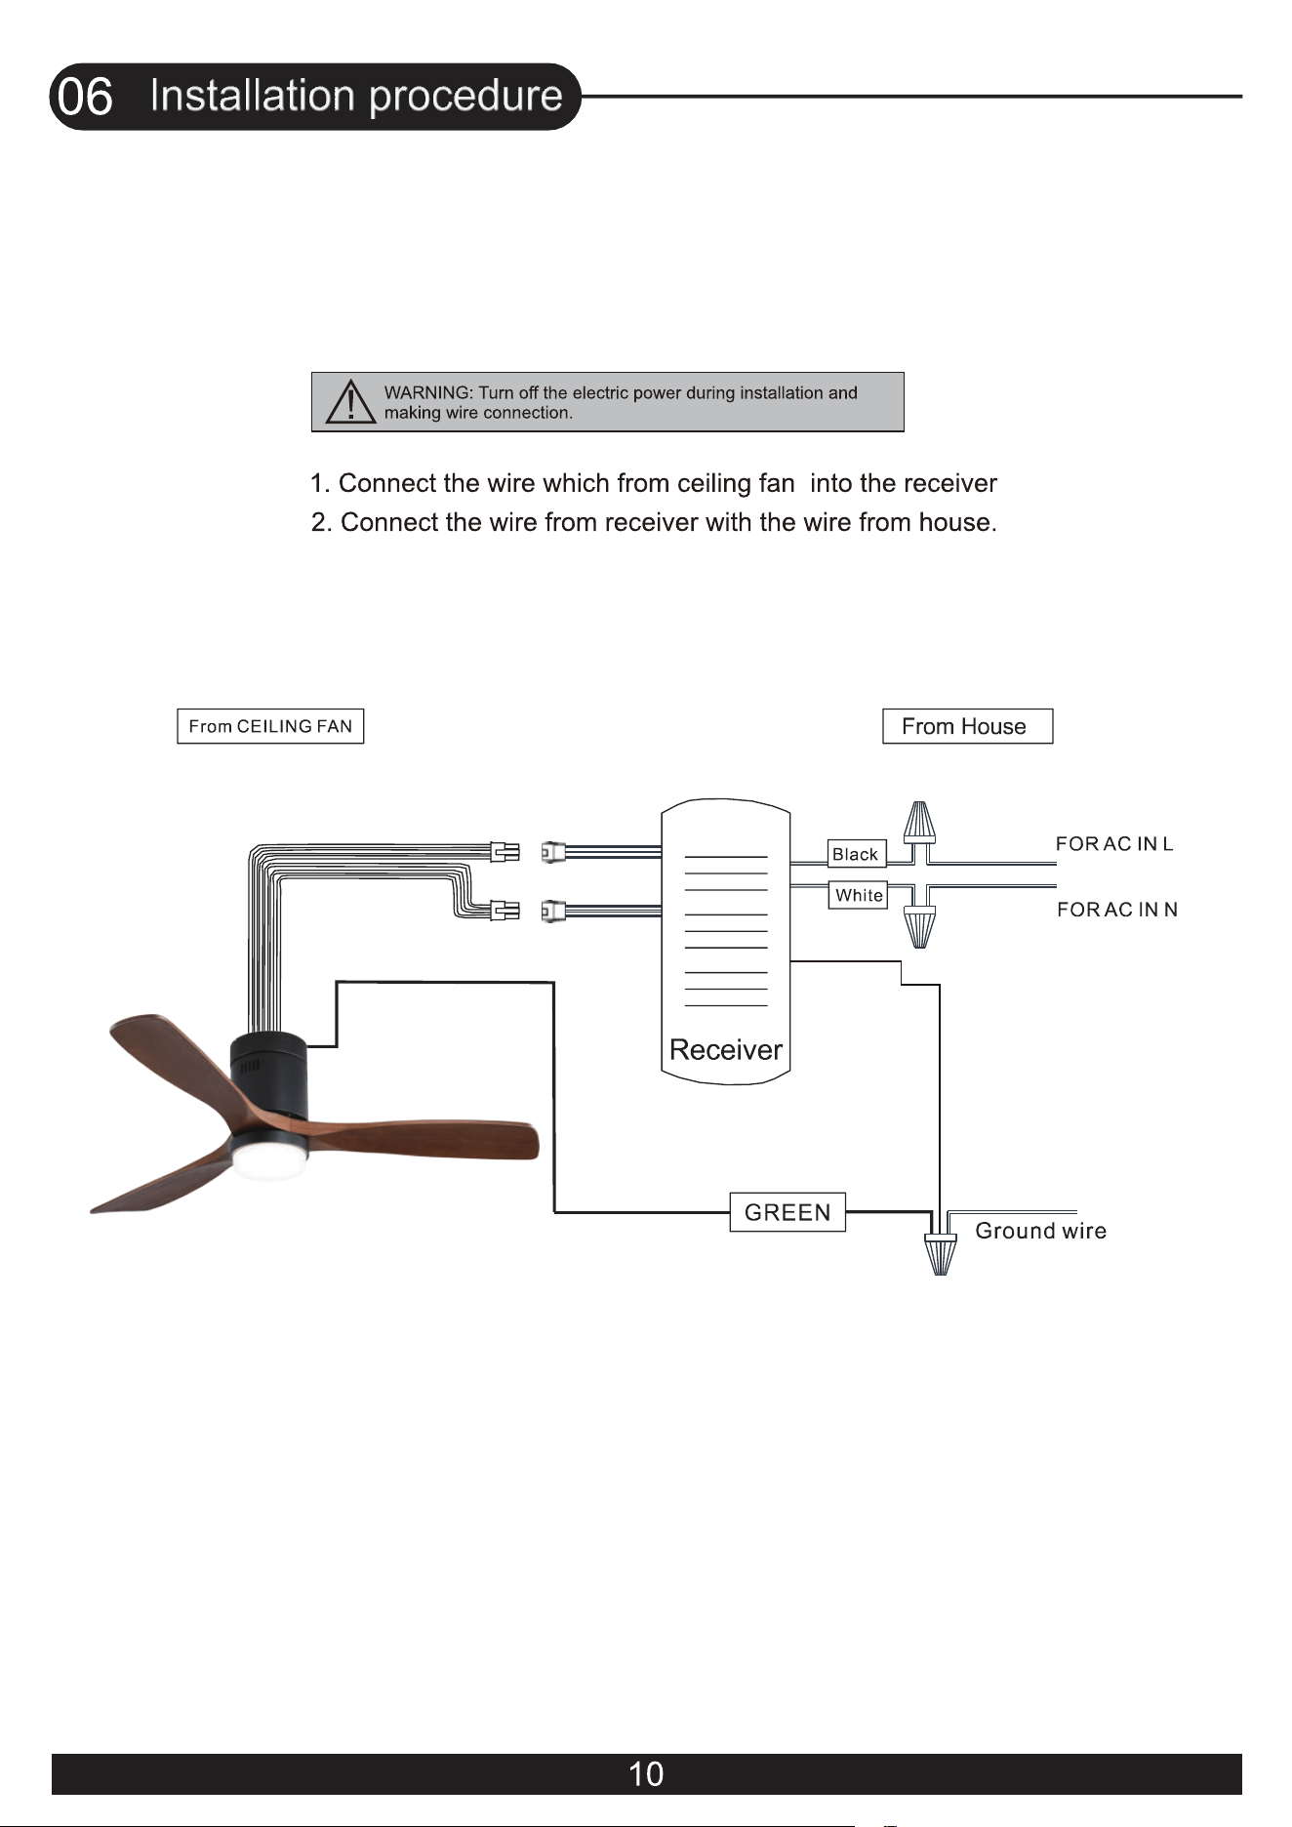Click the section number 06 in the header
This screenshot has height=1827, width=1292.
(x=86, y=98)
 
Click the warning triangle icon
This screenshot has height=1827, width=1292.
(x=350, y=401)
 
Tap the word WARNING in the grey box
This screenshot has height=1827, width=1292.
(x=427, y=392)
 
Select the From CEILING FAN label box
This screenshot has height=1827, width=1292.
(x=270, y=726)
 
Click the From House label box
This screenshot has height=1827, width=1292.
(x=967, y=726)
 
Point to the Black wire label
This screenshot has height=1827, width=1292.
(x=856, y=854)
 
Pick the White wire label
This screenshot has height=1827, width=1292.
(x=859, y=895)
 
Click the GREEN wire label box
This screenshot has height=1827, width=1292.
(x=787, y=1212)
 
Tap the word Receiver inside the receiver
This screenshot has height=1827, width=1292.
(x=726, y=1050)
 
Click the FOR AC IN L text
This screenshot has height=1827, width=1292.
(x=1114, y=844)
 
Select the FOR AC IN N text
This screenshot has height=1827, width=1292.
(x=1117, y=910)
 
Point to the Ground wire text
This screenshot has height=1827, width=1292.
(x=1041, y=1231)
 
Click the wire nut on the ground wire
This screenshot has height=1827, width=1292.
(x=941, y=1255)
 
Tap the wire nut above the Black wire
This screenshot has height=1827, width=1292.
(x=919, y=823)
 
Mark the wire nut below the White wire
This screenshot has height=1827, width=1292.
(x=919, y=927)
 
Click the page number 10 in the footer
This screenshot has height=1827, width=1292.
(x=646, y=1773)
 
